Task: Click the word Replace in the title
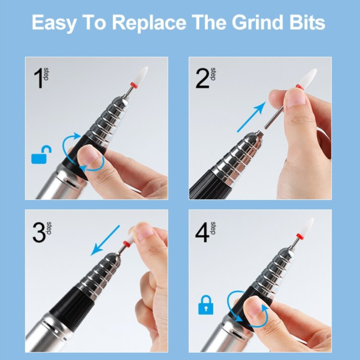point(149,23)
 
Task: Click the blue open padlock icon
point(41,155)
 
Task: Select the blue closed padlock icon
point(206,305)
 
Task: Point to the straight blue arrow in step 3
point(105,240)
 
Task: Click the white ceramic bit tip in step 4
point(306,226)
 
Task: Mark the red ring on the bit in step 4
point(299,236)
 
